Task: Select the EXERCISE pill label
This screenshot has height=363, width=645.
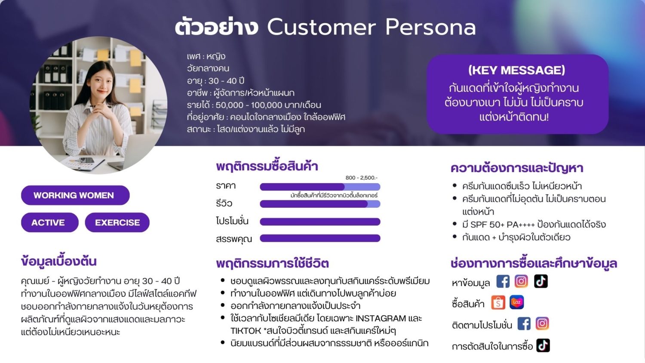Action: coord(117,222)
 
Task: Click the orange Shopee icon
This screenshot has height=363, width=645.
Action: coord(498,303)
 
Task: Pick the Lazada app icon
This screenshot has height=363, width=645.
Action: coord(516,302)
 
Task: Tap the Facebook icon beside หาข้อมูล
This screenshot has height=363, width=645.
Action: coord(503,281)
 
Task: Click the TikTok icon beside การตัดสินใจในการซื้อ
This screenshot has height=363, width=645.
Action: coord(543,345)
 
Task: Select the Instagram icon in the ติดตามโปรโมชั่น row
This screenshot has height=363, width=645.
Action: coord(542,323)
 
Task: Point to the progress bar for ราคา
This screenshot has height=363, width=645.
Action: coord(320,187)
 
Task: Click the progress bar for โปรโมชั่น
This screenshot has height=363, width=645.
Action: coord(320,221)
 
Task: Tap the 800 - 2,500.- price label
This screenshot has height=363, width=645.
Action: coord(361,178)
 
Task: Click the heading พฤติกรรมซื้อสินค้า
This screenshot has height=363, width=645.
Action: coord(267,166)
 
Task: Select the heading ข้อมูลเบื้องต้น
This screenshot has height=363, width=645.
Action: coord(59,261)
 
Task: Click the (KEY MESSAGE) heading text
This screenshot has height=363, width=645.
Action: coord(516,70)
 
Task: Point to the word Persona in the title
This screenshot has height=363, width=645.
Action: coord(430,27)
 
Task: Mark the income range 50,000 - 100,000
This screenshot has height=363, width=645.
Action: coord(247,105)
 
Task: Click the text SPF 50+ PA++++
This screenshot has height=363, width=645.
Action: coord(502,225)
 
